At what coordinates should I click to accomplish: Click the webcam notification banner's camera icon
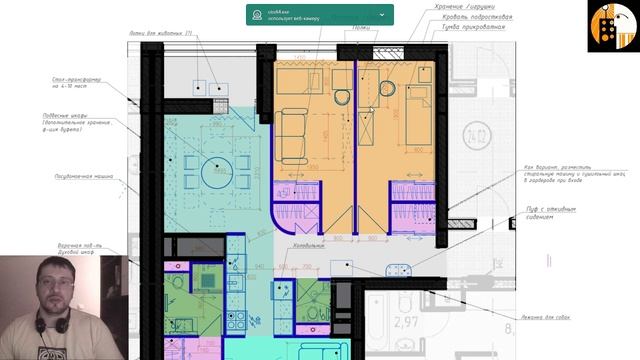click(x=259, y=15)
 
